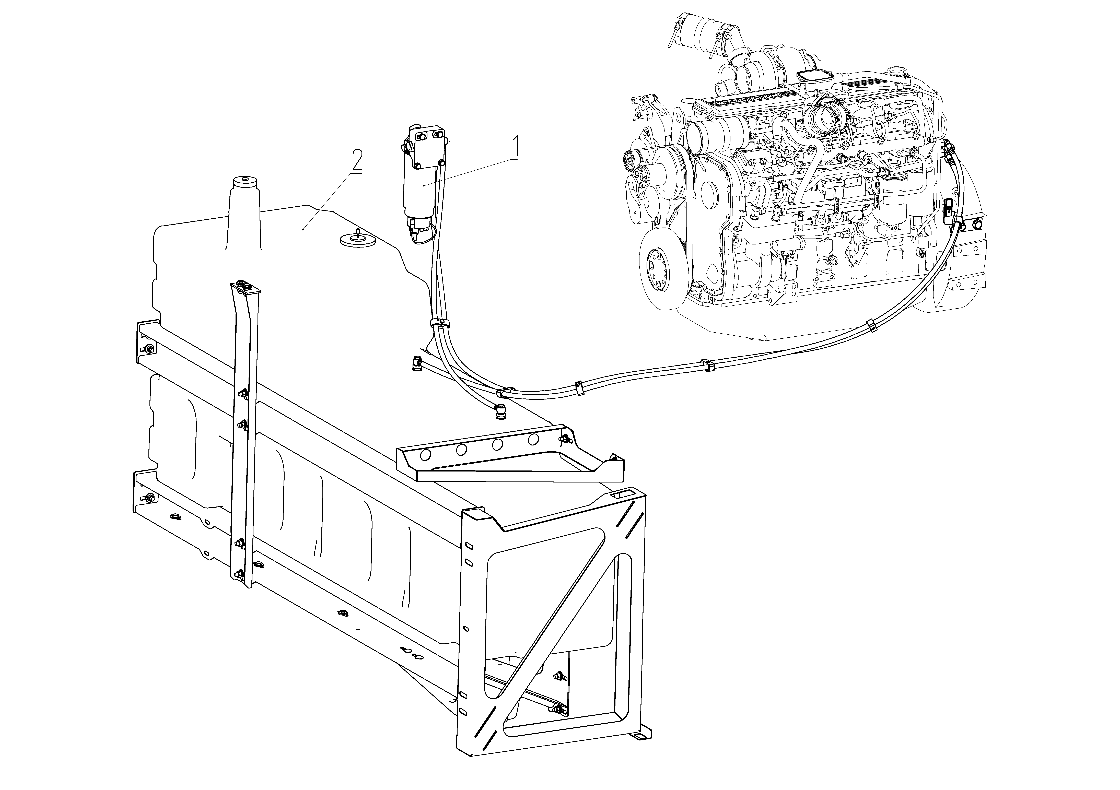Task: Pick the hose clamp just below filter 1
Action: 440,322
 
